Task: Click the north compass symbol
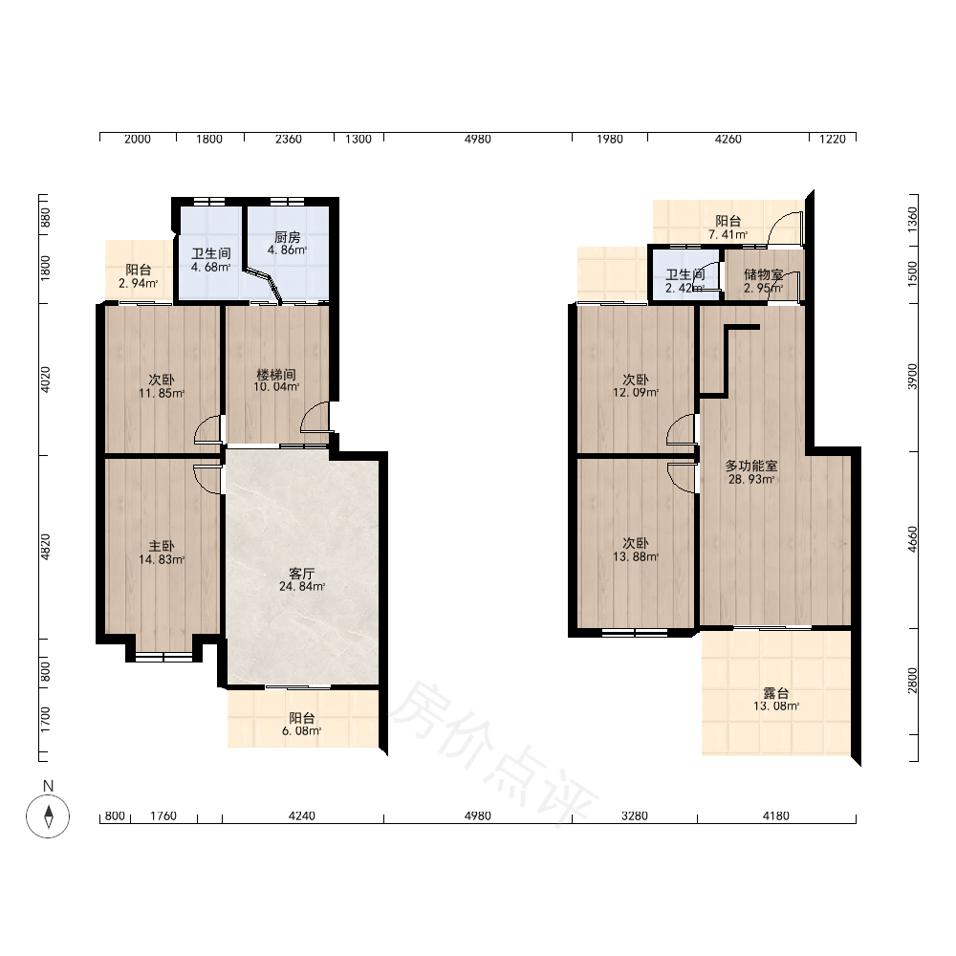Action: (48, 816)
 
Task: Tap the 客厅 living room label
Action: (302, 574)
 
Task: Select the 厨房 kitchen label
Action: (287, 237)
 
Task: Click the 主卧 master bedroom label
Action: (162, 546)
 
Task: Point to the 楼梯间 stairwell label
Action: (276, 375)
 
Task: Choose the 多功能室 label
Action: (751, 466)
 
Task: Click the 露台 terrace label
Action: (776, 693)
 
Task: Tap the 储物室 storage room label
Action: (763, 275)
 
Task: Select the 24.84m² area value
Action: (302, 587)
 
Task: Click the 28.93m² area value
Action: (751, 479)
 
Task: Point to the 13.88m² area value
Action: (636, 556)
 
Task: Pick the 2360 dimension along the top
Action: (289, 139)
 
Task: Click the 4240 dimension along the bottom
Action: (302, 815)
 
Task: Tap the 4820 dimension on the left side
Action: (45, 547)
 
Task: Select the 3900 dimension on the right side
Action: (912, 376)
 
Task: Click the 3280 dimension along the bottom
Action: (634, 815)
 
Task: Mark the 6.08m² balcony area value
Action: (302, 730)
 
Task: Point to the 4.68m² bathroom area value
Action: (211, 267)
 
